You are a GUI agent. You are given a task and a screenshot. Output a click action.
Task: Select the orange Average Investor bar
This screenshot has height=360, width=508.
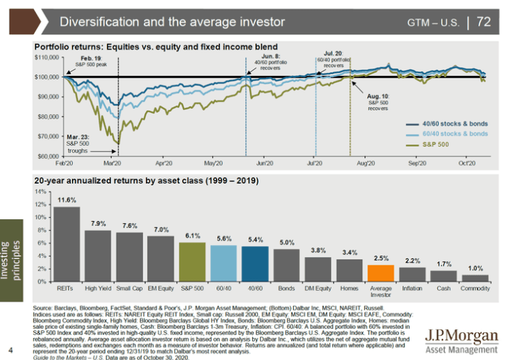point(380,273)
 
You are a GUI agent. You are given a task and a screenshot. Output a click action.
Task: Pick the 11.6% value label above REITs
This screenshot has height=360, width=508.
point(67,200)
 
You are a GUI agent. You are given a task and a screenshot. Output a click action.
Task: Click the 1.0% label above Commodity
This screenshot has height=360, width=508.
point(474,267)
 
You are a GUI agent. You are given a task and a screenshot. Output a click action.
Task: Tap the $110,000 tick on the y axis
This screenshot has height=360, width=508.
point(47,57)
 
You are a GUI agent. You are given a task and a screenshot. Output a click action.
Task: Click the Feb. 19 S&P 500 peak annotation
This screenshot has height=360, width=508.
point(90,61)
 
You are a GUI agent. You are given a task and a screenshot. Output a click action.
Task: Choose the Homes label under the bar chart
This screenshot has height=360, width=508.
point(350,289)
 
